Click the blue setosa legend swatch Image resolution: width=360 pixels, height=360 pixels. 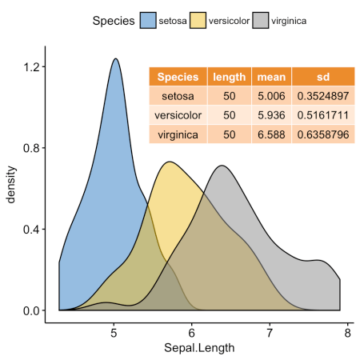(147, 20)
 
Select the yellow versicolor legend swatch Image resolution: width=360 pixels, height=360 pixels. (197, 20)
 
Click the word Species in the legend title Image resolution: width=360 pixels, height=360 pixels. (112, 20)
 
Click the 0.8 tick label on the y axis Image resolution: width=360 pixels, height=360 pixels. (30, 148)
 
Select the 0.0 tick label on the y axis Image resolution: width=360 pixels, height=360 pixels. (30, 310)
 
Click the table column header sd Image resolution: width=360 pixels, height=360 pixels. (322, 78)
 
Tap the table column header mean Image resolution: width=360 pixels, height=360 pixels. (271, 78)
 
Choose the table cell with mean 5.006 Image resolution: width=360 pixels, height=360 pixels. (271, 97)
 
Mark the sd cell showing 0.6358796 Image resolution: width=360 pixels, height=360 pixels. (322, 134)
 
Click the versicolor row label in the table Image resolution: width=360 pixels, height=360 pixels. (178, 115)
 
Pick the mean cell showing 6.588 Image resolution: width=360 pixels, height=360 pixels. (271, 134)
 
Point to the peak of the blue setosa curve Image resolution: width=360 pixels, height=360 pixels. (116, 58)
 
